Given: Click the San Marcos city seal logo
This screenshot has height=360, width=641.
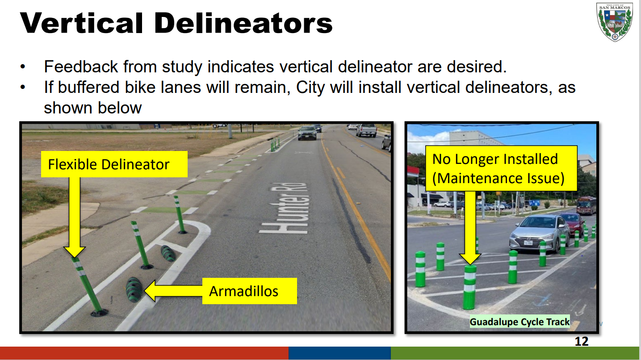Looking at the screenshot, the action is click(x=614, y=22).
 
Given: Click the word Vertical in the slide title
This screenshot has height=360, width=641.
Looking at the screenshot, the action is click(x=81, y=23).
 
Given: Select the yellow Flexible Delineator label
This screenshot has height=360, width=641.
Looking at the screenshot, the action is click(x=114, y=164).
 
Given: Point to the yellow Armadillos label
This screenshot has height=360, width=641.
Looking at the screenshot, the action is click(x=249, y=291).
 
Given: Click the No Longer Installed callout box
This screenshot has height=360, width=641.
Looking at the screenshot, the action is click(x=501, y=168).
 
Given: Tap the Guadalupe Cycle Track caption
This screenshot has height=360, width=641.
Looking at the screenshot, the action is click(x=520, y=322).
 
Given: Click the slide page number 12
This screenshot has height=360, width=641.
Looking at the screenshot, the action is click(x=582, y=341).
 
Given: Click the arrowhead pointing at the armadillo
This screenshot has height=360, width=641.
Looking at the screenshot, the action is click(x=150, y=291).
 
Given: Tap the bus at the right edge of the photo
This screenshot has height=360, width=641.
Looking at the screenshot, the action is click(x=586, y=205).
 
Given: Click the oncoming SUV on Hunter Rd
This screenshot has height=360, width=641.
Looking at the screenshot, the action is click(x=307, y=133).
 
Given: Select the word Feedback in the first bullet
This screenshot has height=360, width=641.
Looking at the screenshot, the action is click(x=81, y=67).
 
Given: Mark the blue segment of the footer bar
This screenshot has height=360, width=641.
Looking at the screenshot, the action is click(x=339, y=353).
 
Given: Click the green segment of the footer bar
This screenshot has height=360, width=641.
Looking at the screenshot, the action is click(x=515, y=353).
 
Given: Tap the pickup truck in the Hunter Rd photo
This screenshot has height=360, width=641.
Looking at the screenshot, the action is click(x=366, y=130).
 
